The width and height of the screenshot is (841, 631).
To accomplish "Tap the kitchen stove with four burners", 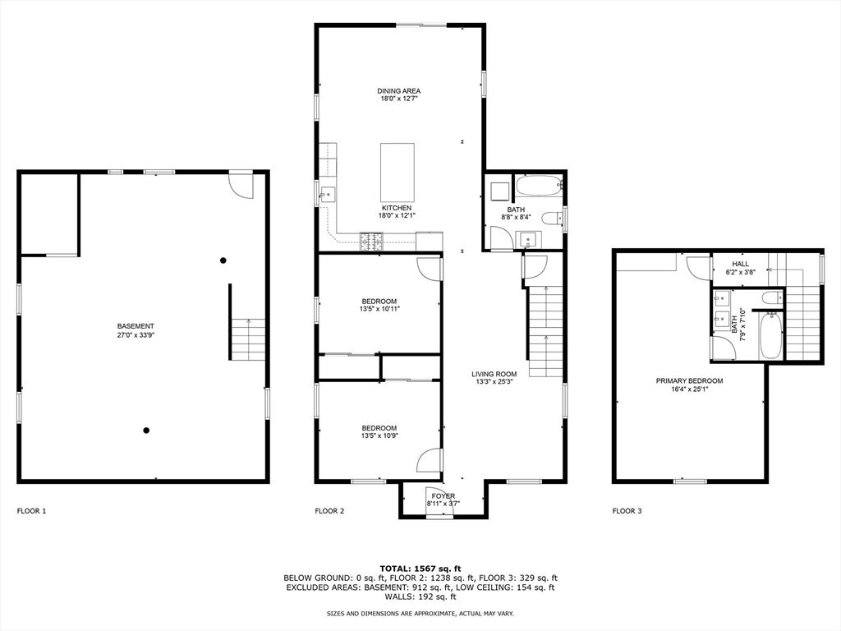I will pyautogui.click(x=372, y=241).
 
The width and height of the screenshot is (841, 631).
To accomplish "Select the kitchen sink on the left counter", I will pyautogui.click(x=327, y=195).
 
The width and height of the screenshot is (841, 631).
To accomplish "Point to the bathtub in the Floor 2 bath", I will pyautogui.click(x=538, y=187).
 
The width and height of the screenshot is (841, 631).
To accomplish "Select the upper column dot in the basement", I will pyautogui.click(x=223, y=261).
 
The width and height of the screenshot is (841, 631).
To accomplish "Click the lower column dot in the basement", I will pyautogui.click(x=146, y=430).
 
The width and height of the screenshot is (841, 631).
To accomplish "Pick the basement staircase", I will pyautogui.click(x=247, y=339).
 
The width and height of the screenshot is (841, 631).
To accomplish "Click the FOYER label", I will pyautogui.click(x=443, y=496).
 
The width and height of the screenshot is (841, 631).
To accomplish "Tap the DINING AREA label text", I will pyautogui.click(x=399, y=91).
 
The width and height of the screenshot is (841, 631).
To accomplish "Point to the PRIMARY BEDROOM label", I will pyautogui.click(x=689, y=380).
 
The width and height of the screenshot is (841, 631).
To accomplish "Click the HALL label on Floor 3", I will pyautogui.click(x=729, y=264).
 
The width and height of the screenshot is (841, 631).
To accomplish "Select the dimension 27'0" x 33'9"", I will pyautogui.click(x=136, y=335).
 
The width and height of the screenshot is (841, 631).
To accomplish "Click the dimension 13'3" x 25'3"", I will pyautogui.click(x=494, y=381).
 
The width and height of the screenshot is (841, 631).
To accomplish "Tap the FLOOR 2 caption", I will pyautogui.click(x=329, y=511).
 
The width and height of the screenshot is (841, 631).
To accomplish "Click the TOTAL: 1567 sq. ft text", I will pyautogui.click(x=420, y=569).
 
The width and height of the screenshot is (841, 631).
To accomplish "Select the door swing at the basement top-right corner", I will pyautogui.click(x=240, y=185).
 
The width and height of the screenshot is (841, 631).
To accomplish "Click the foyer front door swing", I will pyautogui.click(x=440, y=504).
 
